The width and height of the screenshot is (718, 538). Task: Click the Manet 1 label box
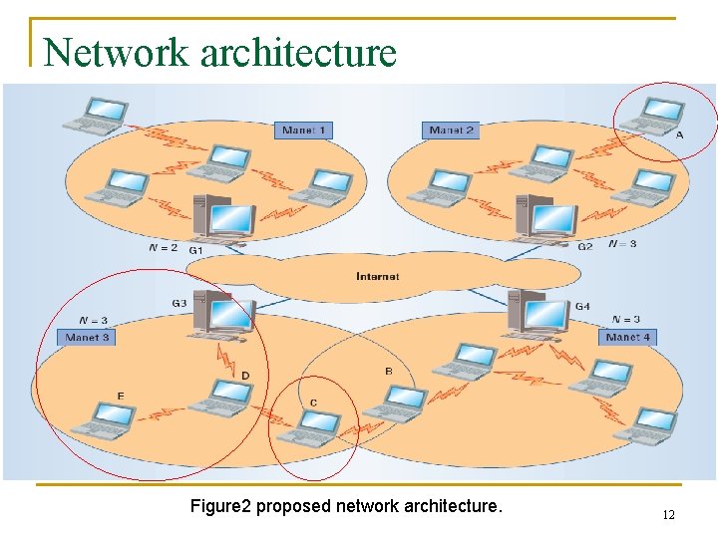pos(303,131)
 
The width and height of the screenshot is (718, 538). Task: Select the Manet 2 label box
pos(451,131)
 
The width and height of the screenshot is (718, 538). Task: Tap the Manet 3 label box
pos(88,338)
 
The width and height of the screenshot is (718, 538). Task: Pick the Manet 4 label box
pos(628,338)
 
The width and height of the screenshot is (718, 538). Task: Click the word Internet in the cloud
pos(378,276)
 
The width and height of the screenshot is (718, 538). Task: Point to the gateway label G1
pos(195,249)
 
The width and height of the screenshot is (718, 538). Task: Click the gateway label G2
pos(585,246)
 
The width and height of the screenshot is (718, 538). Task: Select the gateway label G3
pos(179,303)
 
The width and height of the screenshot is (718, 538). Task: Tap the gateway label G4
pos(582,306)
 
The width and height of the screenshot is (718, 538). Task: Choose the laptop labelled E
pos(100,419)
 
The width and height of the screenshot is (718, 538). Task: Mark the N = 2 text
pos(162,247)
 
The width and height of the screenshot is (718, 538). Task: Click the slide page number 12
pos(668,515)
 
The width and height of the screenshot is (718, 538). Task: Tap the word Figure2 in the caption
pos(220,506)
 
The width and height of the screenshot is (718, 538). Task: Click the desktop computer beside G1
pos(225,220)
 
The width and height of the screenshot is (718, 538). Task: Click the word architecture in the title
pos(298,52)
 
